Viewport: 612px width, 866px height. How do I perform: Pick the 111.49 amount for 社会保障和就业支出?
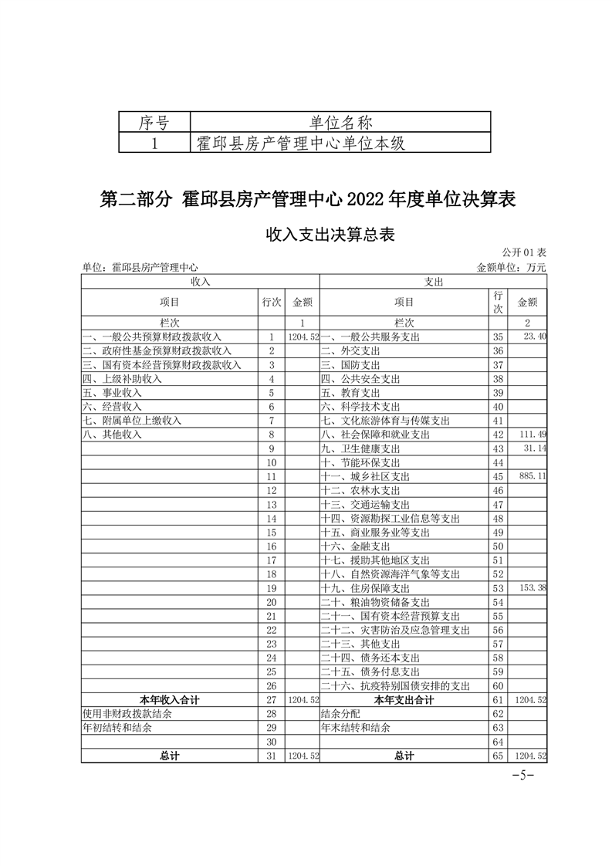(533, 435)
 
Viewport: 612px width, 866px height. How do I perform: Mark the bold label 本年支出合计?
(404, 700)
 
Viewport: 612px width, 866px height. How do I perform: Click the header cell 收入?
(200, 282)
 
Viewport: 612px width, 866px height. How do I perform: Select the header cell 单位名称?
(340, 122)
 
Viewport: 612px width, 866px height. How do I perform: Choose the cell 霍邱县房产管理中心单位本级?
(302, 144)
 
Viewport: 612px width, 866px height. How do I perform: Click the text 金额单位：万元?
(512, 267)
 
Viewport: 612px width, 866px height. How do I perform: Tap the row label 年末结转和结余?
(356, 728)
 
